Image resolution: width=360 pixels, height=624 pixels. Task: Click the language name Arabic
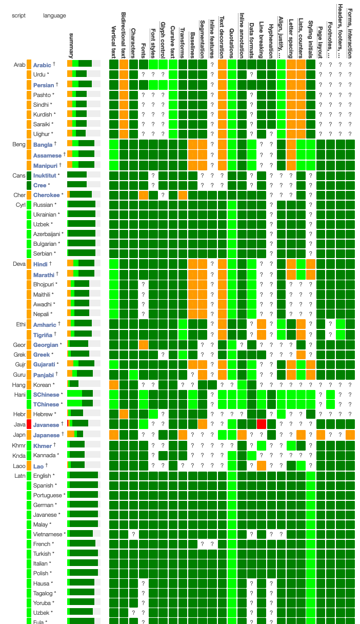pos(42,65)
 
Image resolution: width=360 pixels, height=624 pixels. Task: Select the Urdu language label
pos(39,75)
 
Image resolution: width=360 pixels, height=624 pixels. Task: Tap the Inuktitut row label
pos(45,175)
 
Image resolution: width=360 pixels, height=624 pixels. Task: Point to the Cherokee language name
pos(46,195)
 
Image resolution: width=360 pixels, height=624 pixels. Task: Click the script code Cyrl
pos(19,205)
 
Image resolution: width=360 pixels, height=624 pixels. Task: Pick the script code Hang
pos(19,384)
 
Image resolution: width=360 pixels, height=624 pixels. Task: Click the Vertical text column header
pos(114,41)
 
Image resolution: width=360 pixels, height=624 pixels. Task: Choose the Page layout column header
pos(321,41)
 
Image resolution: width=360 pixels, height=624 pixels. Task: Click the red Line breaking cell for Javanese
pos(262,424)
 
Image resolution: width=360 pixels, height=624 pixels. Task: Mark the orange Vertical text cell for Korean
pos(114,384)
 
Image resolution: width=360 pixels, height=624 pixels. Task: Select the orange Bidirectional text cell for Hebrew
pos(124,414)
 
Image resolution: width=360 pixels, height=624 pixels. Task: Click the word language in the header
pos(54,15)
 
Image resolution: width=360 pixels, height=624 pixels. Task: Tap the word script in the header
pos(19,15)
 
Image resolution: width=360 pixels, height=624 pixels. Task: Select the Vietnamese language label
pos(47,534)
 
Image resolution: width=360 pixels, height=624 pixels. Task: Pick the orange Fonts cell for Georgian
pos(144,344)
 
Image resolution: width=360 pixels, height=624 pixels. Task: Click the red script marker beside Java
pos(29,424)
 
